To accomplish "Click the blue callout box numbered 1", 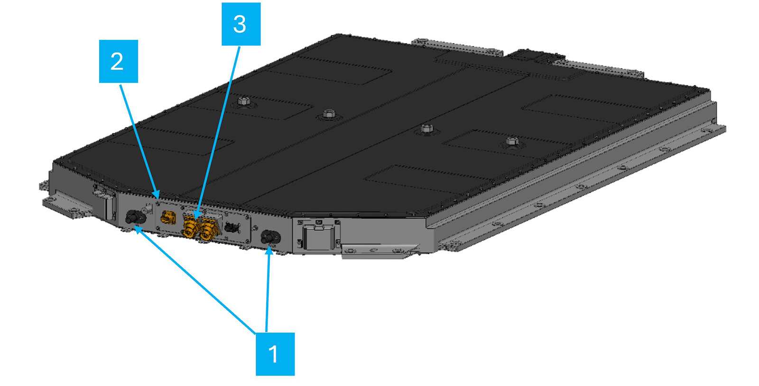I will (x=275, y=354).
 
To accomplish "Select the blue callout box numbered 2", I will (x=118, y=62).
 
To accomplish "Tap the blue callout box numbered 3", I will (x=241, y=24).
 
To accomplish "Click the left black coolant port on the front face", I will (x=134, y=218).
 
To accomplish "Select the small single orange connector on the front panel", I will (x=167, y=218).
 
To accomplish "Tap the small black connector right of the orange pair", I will (x=231, y=227).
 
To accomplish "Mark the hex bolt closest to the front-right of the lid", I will (x=512, y=141).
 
